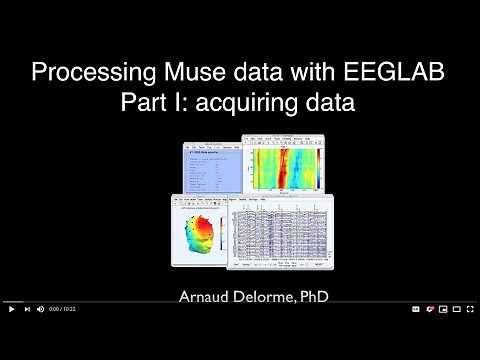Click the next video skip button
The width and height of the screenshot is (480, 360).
pos(26,309)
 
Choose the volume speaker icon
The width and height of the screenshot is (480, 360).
pos(41,309)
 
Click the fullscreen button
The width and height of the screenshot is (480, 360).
pos(468,309)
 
